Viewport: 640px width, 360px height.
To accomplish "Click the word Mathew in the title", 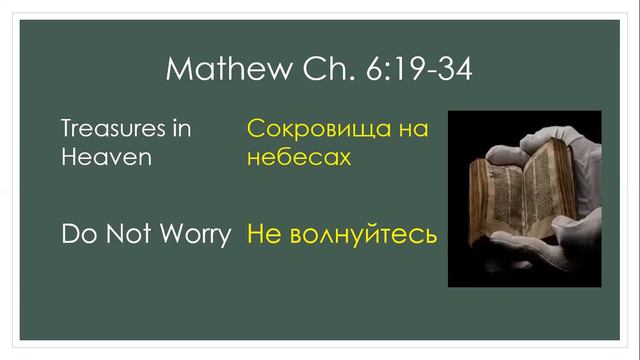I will [x=220, y=70].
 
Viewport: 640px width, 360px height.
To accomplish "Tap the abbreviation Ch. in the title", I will [x=322, y=70].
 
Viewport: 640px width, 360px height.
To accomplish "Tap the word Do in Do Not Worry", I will [x=76, y=236].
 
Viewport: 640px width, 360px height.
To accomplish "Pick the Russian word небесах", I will [x=298, y=158].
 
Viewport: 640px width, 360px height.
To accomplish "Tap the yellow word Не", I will [x=264, y=237].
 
